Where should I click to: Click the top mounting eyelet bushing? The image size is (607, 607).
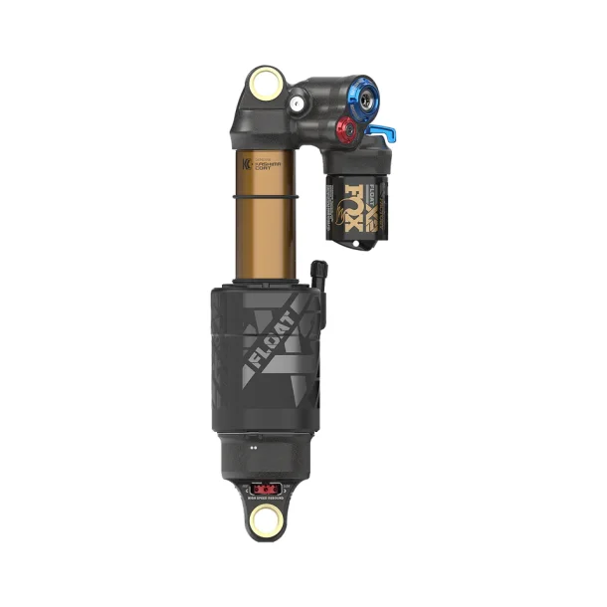coord(266,85)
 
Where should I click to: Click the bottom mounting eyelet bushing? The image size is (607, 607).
coord(265,518)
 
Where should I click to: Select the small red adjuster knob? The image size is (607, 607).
coord(345,128)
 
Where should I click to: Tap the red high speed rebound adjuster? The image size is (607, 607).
coord(265,488)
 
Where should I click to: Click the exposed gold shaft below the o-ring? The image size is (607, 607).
coord(265,239)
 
